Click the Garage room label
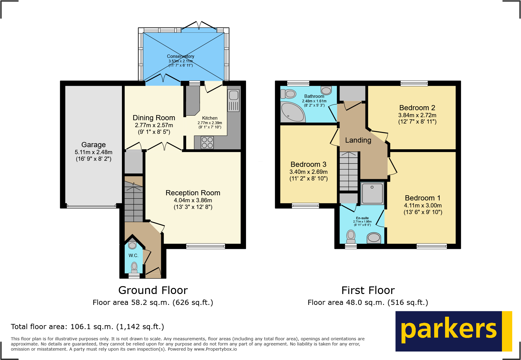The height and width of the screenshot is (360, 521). [x=93, y=145]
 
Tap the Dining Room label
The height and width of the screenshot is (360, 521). [x=154, y=118]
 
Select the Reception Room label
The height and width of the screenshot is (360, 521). [x=193, y=193]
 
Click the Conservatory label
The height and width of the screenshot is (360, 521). [x=180, y=56]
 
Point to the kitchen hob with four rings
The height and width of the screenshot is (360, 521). [x=207, y=142]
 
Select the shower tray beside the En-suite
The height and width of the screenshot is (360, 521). [x=372, y=193]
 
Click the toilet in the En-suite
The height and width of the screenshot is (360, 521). [x=351, y=236]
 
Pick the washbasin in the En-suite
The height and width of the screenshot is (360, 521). [x=374, y=238]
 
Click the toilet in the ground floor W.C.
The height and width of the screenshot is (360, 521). [x=134, y=267]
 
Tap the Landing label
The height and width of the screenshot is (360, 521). [x=358, y=140]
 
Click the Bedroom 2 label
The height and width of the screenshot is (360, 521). [x=417, y=108]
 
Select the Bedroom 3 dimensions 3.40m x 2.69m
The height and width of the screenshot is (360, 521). [x=308, y=172]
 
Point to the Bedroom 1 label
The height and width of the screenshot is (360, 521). [x=422, y=198]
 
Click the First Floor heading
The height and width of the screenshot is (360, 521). [x=368, y=290]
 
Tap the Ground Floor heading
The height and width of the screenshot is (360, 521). [x=153, y=290]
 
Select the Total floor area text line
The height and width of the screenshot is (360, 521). [x=87, y=327]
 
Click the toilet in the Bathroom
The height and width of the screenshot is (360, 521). [x=289, y=94]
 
